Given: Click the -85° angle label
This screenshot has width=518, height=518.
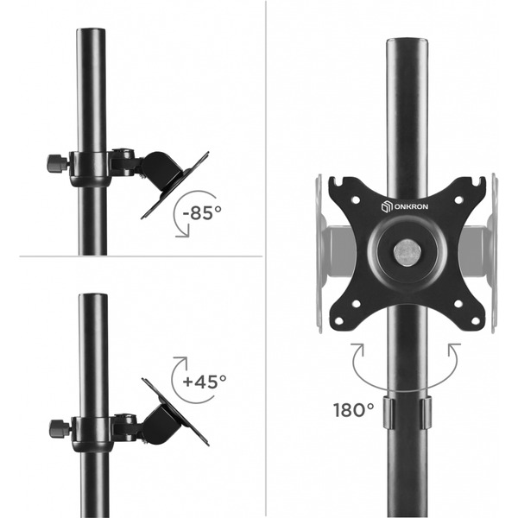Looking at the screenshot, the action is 202,212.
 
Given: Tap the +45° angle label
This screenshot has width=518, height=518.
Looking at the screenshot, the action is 205,382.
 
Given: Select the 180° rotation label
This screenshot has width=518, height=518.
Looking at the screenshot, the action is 353,410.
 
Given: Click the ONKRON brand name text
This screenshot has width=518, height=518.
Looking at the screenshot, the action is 411,207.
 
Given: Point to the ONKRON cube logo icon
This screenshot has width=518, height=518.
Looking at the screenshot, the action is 387,206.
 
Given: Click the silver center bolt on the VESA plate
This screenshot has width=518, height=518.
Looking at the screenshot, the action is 406,252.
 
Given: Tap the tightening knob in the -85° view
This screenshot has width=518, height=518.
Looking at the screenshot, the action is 58,163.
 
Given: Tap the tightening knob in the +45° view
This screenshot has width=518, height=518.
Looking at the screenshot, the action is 60,428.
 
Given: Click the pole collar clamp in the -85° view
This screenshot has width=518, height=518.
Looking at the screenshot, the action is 89,169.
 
